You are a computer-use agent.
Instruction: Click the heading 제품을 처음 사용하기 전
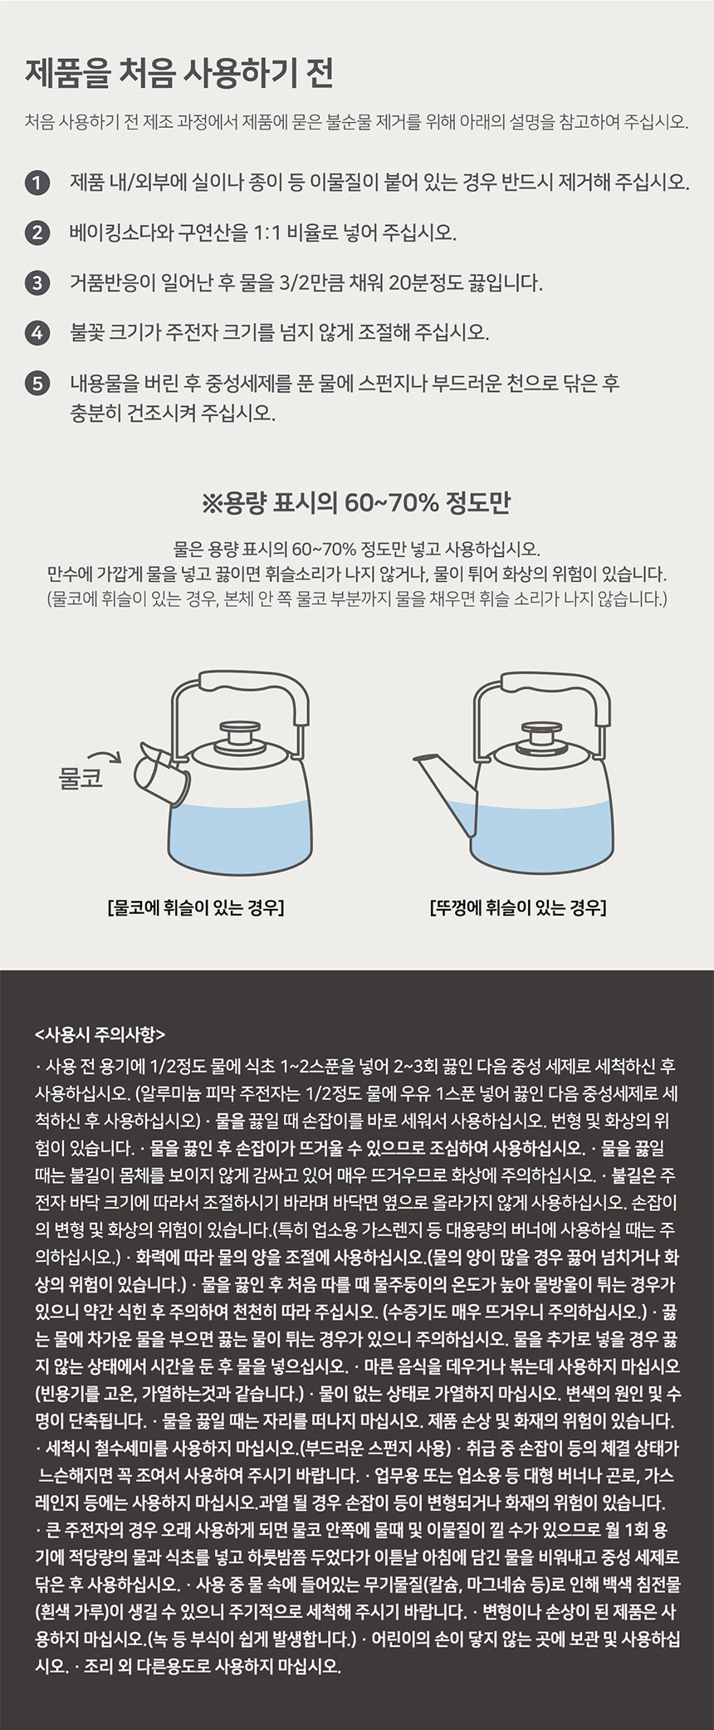179,73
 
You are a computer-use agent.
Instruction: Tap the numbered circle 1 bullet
36,182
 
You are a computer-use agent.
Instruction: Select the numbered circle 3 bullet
36,283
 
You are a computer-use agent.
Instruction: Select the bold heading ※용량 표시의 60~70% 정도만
356,503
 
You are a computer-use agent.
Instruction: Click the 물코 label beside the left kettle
80,779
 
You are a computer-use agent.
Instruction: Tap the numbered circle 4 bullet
36,333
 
